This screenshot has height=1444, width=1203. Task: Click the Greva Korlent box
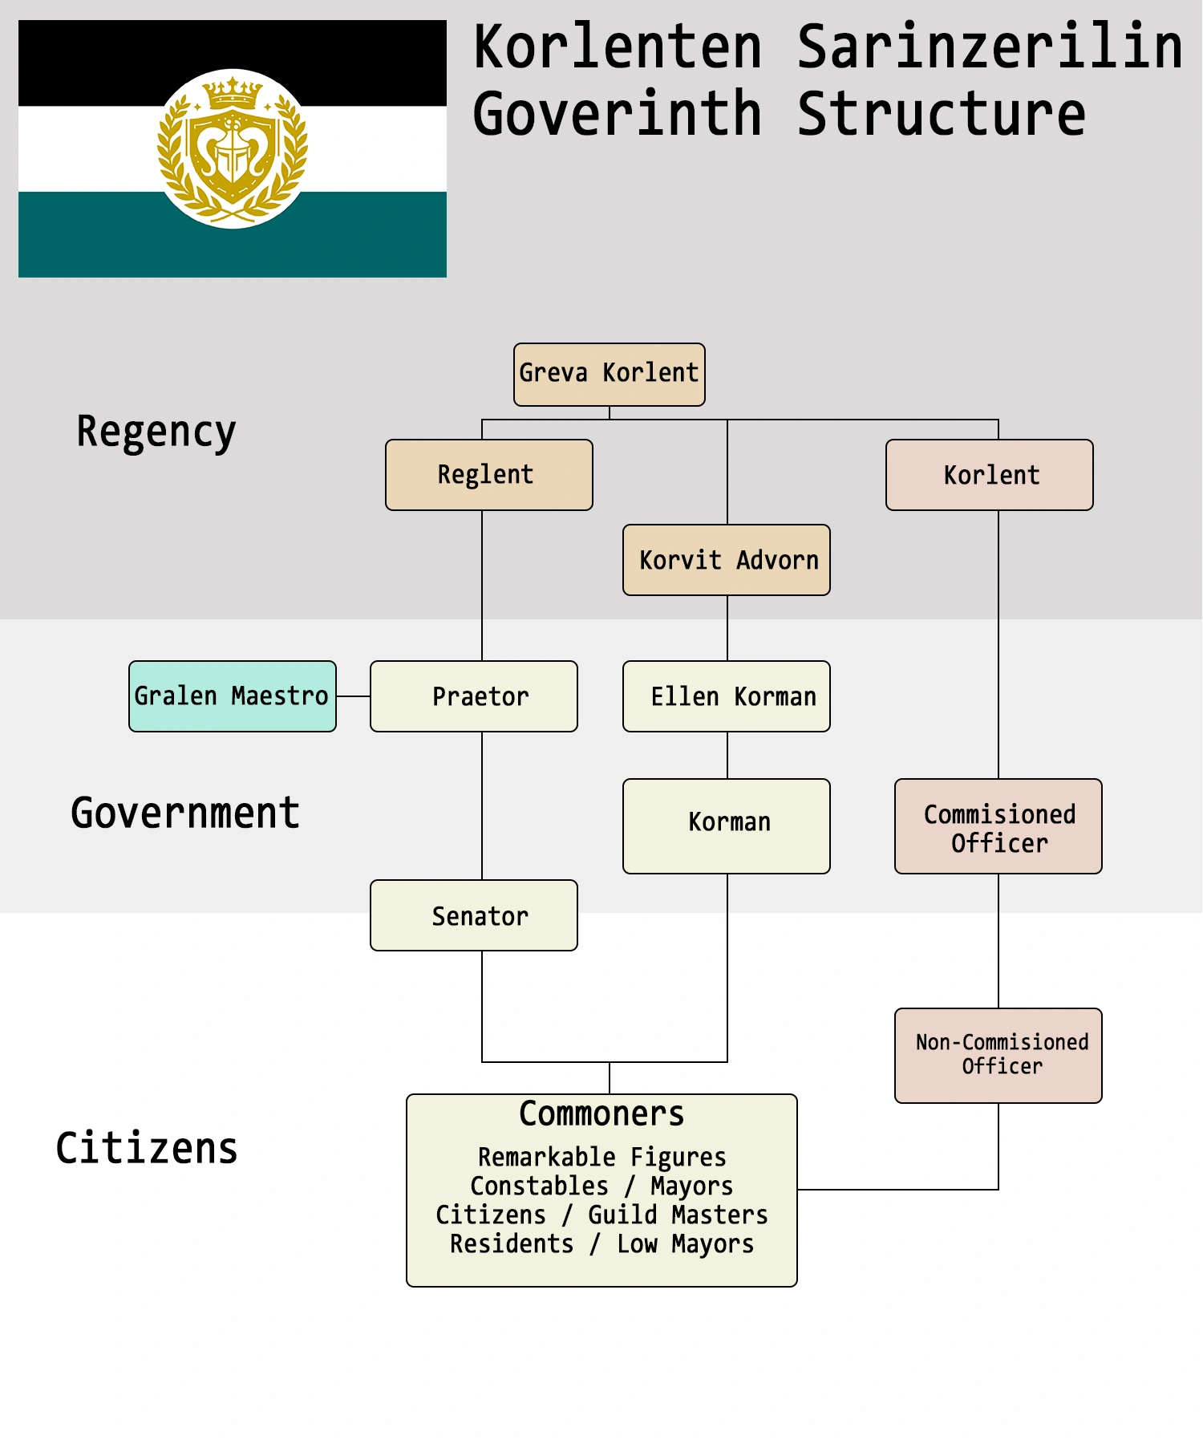pyautogui.click(x=610, y=374)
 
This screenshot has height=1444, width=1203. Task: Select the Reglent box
pyautogui.click(x=488, y=475)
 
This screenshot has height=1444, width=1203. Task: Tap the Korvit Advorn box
pyautogui.click(x=727, y=560)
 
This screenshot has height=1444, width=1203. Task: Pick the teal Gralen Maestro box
pyautogui.click(x=233, y=696)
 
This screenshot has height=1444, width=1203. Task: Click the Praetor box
pyautogui.click(x=474, y=696)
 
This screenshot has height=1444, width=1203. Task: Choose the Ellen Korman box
pyautogui.click(x=727, y=696)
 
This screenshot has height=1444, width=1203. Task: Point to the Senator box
pyautogui.click(x=474, y=915)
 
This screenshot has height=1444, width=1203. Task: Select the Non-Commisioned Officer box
pyautogui.click(x=998, y=1055)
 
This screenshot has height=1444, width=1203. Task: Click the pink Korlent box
pyautogui.click(x=990, y=475)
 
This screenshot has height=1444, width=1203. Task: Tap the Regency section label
pyautogui.click(x=156, y=432)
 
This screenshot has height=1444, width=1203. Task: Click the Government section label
pyautogui.click(x=185, y=813)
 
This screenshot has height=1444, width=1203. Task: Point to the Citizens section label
pyautogui.click(x=147, y=1148)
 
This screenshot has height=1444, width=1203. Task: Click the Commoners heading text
pyautogui.click(x=601, y=1113)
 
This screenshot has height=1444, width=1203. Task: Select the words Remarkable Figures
pyautogui.click(x=601, y=1157)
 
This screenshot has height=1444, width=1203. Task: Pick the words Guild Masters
pyautogui.click(x=678, y=1215)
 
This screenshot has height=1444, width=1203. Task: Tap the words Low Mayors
pyautogui.click(x=685, y=1243)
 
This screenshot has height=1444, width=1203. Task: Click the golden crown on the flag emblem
pyautogui.click(x=233, y=92)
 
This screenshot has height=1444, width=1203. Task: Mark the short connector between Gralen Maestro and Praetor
pyautogui.click(x=353, y=696)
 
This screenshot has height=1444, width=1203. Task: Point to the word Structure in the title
pyautogui.click(x=942, y=114)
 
